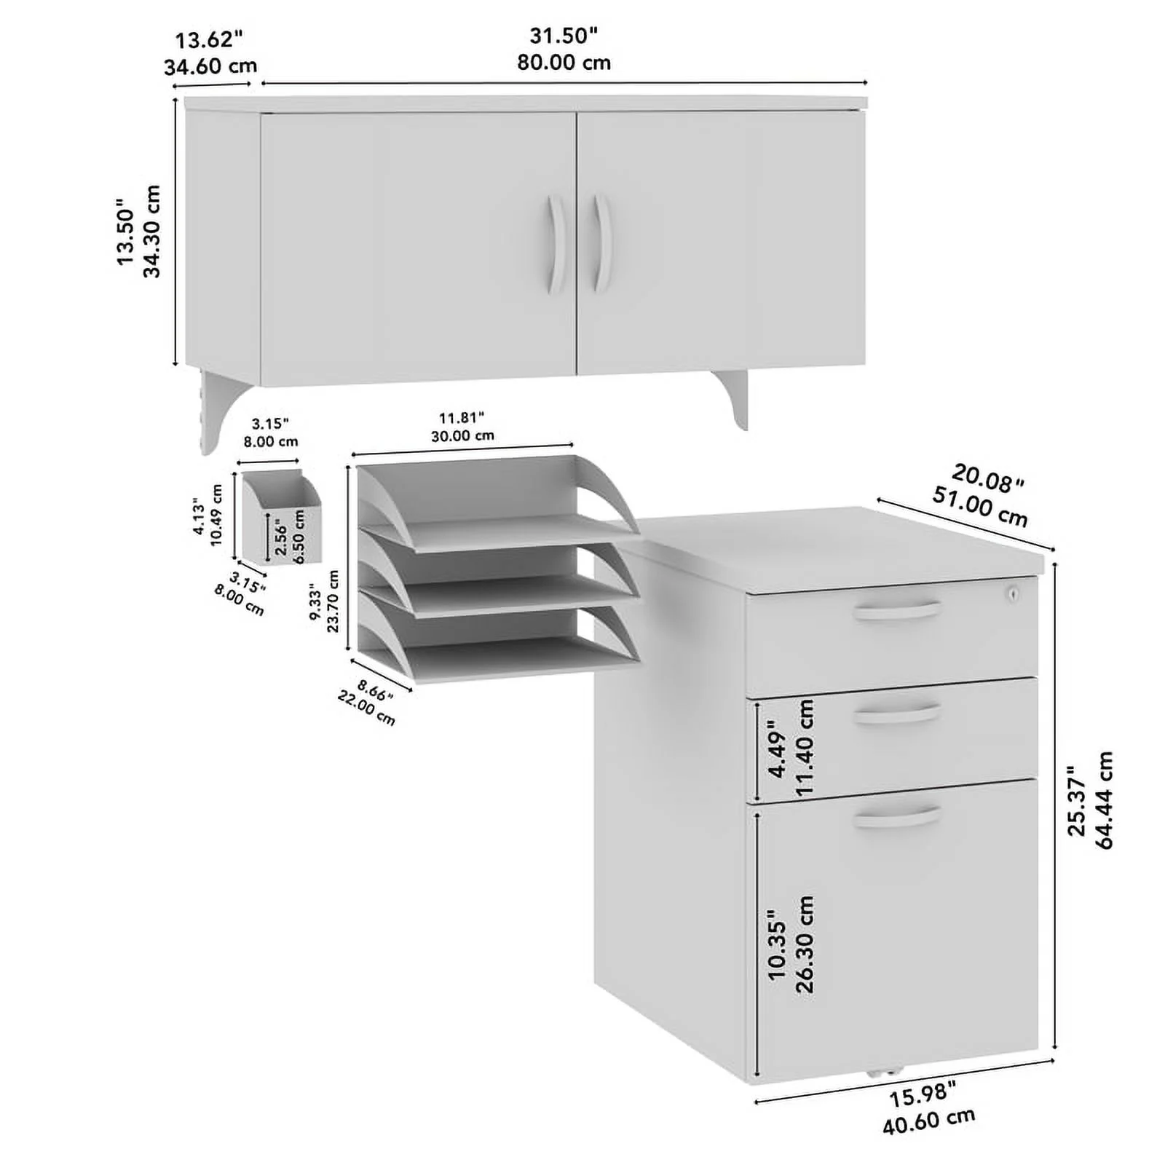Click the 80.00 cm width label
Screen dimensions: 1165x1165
coord(564,63)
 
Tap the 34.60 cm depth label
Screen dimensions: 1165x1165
coord(210,66)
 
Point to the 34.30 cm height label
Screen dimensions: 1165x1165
coord(151,232)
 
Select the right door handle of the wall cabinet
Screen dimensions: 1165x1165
coord(601,242)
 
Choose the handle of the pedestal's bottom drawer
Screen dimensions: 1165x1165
coord(897,816)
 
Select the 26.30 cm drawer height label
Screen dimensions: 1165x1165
coord(804,944)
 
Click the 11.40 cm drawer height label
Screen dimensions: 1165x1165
coord(804,747)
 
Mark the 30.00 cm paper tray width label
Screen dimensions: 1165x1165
coord(462,436)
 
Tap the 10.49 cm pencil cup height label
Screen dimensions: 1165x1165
coord(216,516)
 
